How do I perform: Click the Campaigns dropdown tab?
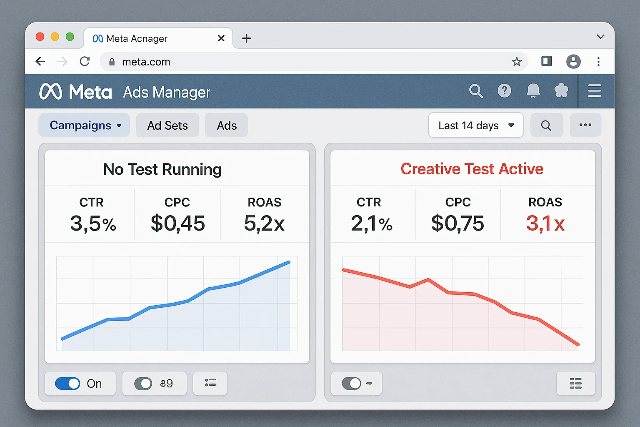[84, 126]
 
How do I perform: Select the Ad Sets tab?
[167, 126]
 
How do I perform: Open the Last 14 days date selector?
[476, 126]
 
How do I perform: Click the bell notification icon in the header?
[533, 90]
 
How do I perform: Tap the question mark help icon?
[504, 90]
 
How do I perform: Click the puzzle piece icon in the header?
[561, 90]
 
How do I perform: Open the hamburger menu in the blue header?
[594, 90]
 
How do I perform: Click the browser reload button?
[85, 62]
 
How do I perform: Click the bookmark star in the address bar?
[517, 62]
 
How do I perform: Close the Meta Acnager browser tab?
[221, 38]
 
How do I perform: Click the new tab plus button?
[247, 38]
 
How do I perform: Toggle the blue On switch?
[67, 384]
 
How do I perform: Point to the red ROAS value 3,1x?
[545, 224]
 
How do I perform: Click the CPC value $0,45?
[177, 224]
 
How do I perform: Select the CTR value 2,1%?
[371, 224]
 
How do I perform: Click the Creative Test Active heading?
[472, 169]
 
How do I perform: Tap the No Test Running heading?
[162, 169]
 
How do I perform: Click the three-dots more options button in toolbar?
[585, 125]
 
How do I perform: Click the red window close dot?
[40, 37]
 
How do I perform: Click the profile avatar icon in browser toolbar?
[573, 62]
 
